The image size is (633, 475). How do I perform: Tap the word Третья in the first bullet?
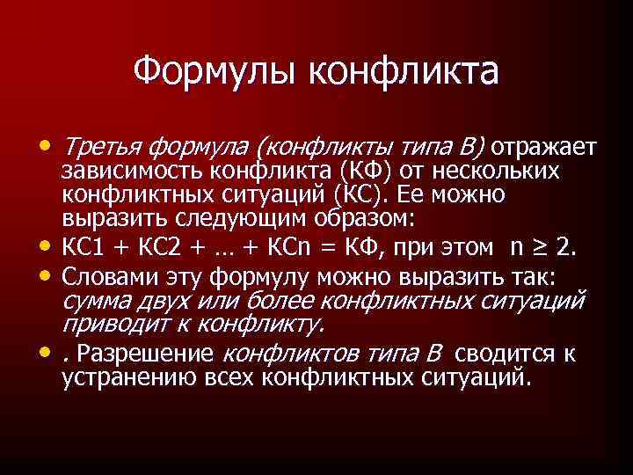[x=103, y=145]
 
